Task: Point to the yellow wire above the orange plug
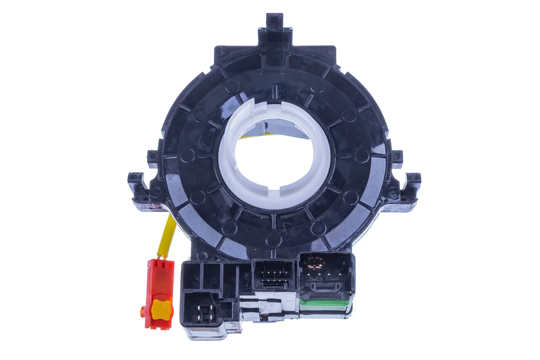click(168, 234)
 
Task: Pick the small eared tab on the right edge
click(396, 157)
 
